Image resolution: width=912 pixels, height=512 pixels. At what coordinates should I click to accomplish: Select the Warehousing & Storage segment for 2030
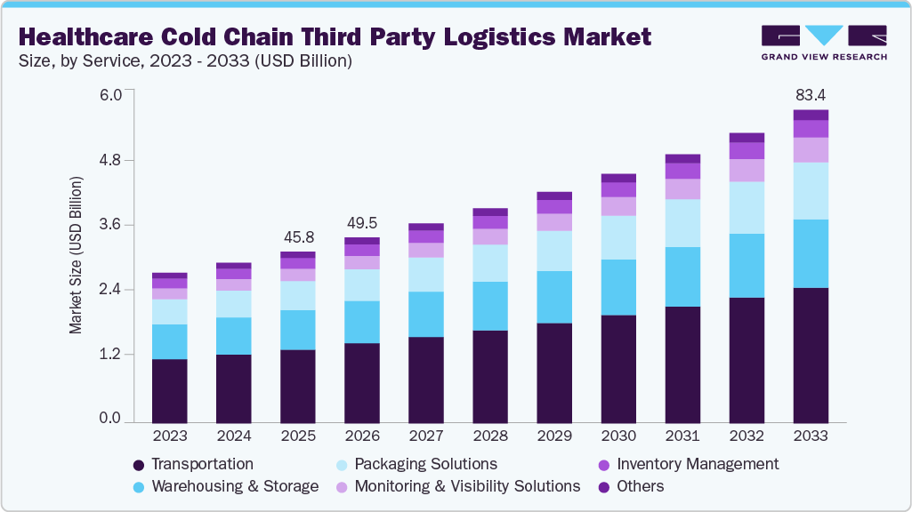point(618,287)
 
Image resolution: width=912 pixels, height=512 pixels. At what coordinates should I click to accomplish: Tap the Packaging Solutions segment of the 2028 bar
point(490,263)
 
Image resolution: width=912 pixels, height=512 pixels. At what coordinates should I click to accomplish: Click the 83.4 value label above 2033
point(811,95)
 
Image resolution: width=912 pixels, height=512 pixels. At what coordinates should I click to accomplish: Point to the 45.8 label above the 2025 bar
point(297,237)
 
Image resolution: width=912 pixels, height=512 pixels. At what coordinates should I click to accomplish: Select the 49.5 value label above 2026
point(362,222)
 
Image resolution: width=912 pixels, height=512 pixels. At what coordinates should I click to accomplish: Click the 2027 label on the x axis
point(426,436)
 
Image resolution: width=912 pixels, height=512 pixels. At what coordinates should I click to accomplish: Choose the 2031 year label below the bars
point(682,436)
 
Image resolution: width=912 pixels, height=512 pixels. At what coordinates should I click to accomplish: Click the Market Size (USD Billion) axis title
point(76,256)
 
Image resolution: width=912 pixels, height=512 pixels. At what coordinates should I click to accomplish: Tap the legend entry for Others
point(640,486)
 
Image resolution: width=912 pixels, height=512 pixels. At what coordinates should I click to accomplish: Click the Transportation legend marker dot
point(138,465)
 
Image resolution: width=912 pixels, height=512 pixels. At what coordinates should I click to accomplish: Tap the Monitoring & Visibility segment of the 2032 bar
point(747,170)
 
